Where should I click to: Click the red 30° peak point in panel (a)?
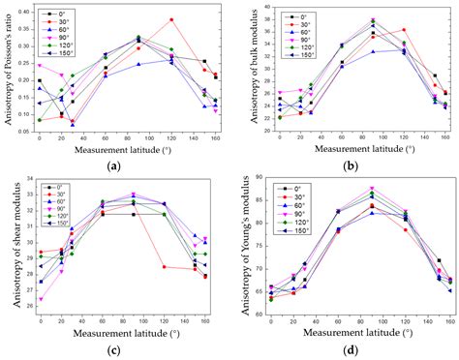(x=171, y=19)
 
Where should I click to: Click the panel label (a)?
(x=114, y=166)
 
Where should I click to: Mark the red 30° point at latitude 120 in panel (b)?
(x=404, y=30)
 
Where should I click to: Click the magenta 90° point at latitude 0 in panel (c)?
(x=40, y=299)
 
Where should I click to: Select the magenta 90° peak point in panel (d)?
(x=372, y=189)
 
